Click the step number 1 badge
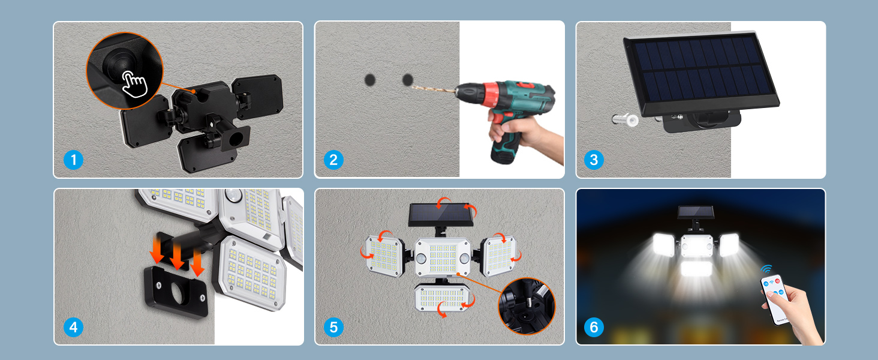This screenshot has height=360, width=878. pyautogui.click(x=73, y=160)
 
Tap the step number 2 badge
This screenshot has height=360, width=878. pyautogui.click(x=333, y=160)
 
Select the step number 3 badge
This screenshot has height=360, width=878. pyautogui.click(x=594, y=160)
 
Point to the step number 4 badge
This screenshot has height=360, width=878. pyautogui.click(x=73, y=327)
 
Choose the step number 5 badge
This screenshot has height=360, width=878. pyautogui.click(x=333, y=327)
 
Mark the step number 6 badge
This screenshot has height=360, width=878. pyautogui.click(x=594, y=327)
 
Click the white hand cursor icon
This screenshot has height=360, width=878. pyautogui.click(x=134, y=84)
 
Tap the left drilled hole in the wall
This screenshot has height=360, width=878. pyautogui.click(x=369, y=80)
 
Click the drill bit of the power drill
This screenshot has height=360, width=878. pyautogui.click(x=434, y=89)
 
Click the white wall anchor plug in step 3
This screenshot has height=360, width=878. pyautogui.click(x=625, y=119)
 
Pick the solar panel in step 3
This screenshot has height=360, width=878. pyautogui.click(x=701, y=73)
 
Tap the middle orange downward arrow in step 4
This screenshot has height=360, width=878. pyautogui.click(x=177, y=257)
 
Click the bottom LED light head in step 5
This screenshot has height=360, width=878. pyautogui.click(x=442, y=298)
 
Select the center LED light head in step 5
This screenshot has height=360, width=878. pyautogui.click(x=443, y=257)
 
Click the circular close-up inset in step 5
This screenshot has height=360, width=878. pyautogui.click(x=527, y=306)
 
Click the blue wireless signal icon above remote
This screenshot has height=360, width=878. pyautogui.click(x=766, y=269)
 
